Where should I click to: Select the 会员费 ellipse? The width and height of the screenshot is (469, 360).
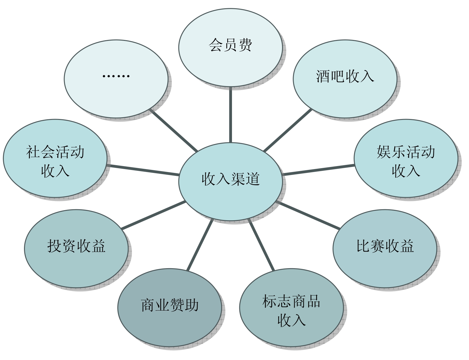230,48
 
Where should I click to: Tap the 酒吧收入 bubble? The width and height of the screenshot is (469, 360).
345,79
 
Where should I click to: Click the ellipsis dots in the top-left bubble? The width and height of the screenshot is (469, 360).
116,76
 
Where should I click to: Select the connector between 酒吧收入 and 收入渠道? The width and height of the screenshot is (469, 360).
288,130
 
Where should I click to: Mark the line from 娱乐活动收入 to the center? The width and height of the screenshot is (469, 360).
319,170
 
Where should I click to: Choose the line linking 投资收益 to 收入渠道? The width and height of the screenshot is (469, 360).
153,215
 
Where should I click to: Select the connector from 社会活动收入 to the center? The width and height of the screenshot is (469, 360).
143,170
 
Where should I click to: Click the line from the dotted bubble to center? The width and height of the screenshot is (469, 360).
174,130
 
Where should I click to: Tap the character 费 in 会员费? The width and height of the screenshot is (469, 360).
245,45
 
